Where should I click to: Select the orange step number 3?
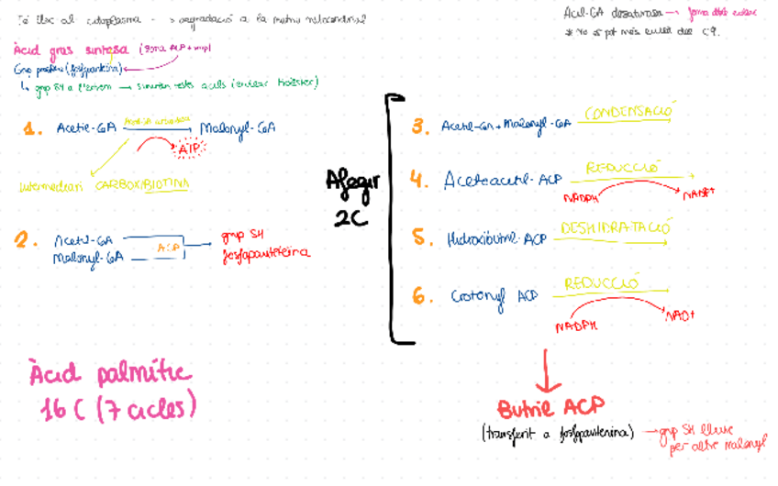[x=420, y=127]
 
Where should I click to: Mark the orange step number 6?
[x=420, y=297]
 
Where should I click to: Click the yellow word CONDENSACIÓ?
[x=629, y=112]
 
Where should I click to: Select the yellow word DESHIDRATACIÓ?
[x=616, y=226]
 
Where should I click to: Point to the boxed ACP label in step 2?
[x=168, y=248]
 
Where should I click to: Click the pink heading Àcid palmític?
[x=110, y=375]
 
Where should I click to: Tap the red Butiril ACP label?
[x=550, y=408]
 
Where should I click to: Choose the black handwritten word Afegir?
[x=352, y=182]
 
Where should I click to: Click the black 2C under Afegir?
[x=351, y=217]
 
